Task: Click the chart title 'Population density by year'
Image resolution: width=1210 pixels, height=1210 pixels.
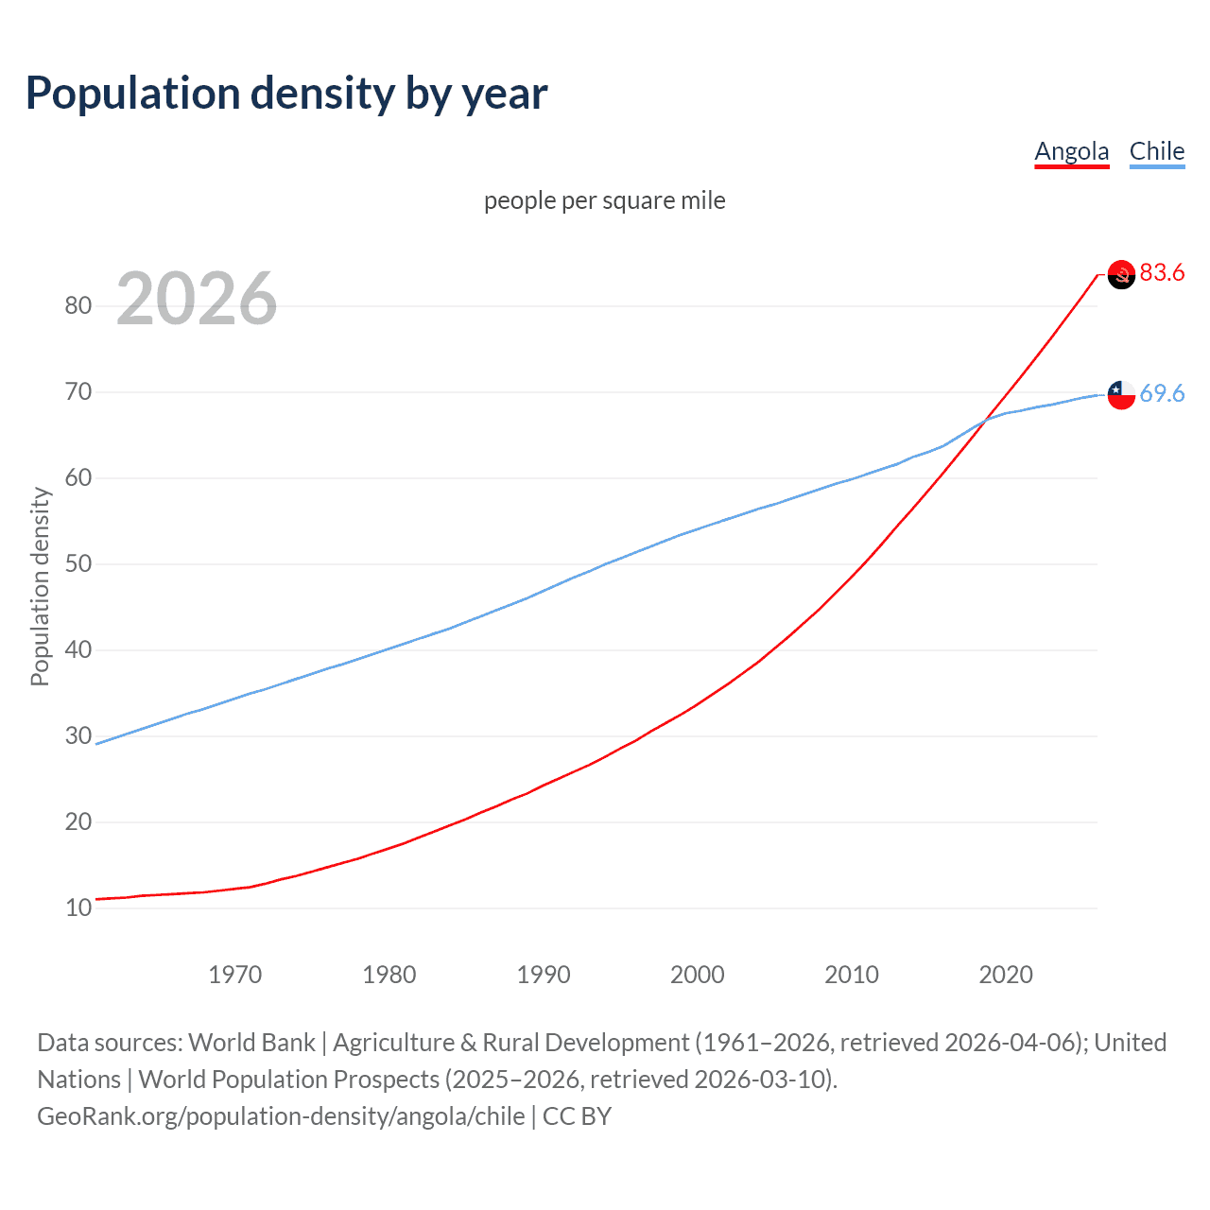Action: (x=286, y=94)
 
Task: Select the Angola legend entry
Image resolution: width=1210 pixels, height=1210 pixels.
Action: (x=1071, y=151)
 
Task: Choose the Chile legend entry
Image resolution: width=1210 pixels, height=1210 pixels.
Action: (x=1156, y=151)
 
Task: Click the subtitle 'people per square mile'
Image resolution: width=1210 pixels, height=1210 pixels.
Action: (x=604, y=200)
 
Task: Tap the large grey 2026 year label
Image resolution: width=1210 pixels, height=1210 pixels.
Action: (x=197, y=299)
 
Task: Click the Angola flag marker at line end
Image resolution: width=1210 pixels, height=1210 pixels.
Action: (x=1121, y=274)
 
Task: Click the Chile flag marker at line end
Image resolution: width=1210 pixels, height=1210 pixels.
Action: (x=1121, y=394)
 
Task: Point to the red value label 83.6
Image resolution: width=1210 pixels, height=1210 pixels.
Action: (x=1162, y=273)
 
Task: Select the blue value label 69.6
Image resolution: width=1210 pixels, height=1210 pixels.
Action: (x=1162, y=393)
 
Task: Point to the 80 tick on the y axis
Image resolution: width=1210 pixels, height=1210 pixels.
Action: (x=78, y=305)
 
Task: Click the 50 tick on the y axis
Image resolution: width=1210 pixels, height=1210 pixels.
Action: (x=78, y=564)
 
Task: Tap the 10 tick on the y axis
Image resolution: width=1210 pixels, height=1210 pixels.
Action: (x=78, y=908)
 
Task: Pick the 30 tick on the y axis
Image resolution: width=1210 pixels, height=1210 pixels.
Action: (x=78, y=736)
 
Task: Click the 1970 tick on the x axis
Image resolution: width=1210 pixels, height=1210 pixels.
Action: (x=235, y=975)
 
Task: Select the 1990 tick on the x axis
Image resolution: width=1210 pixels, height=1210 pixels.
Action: (x=544, y=975)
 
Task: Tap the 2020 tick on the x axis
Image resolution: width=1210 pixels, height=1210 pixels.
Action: (x=1006, y=975)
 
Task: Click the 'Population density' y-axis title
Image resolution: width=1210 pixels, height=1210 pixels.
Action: (x=40, y=586)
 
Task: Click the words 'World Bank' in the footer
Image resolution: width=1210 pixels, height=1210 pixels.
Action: (x=251, y=1043)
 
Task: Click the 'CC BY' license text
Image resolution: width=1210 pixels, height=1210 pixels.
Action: (x=577, y=1116)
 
